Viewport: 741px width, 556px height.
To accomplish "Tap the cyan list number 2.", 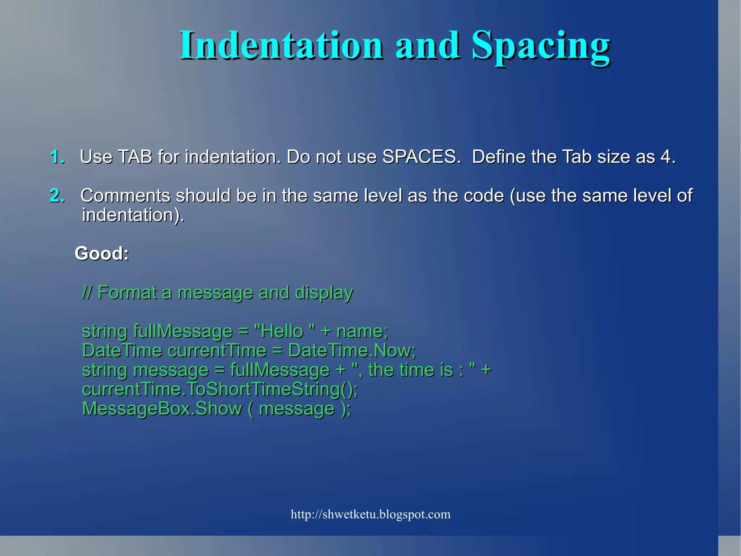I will [57, 196].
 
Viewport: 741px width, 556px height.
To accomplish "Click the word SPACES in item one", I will [421, 157].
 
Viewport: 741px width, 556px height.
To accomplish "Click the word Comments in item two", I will [125, 196].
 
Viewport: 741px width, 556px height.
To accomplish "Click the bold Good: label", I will [102, 253].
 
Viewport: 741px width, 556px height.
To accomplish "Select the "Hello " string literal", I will [284, 331].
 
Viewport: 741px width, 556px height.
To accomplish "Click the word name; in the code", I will [362, 331].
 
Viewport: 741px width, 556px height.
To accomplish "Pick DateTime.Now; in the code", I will [352, 351].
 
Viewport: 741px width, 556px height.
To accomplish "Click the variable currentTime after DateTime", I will [217, 351].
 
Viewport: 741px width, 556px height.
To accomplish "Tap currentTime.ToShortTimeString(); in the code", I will [220, 389].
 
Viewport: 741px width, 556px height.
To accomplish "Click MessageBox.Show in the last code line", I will [162, 409].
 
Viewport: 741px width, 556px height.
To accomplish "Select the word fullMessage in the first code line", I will [182, 331].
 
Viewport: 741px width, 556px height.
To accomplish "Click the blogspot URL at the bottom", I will [370, 514].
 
